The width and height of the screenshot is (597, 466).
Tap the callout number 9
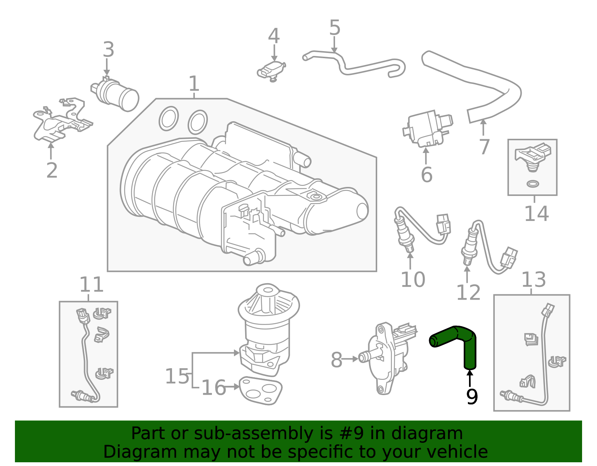coord(472,397)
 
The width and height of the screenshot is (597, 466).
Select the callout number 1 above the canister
coord(194,84)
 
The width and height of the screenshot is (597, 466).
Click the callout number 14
coord(537,213)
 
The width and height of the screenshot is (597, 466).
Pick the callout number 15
coord(177,376)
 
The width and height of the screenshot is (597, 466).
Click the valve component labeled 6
coord(428,128)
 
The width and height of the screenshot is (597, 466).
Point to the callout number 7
coord(484,147)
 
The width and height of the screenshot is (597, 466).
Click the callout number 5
coord(335,28)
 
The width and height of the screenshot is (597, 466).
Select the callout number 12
coord(468,292)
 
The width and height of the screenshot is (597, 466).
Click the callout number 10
coord(413,279)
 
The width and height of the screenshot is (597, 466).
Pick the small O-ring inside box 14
coord(533,184)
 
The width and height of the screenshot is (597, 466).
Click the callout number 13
coord(534,279)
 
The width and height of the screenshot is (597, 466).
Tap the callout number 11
coord(91,285)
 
